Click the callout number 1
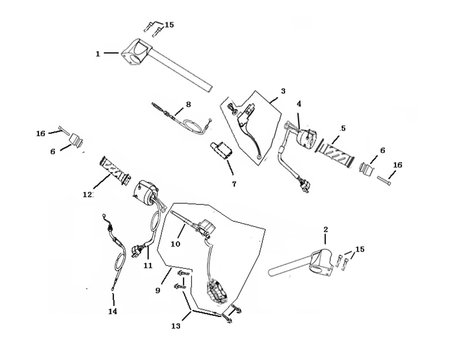point(98,54)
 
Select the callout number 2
point(326,230)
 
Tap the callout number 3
point(283,91)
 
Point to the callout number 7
point(234,184)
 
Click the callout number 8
point(188,104)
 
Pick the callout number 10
point(175,243)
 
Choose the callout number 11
point(148,265)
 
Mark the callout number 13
point(176,326)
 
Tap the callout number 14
point(113,311)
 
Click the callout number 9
point(158,290)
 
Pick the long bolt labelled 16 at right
point(385,179)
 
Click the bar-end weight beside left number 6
point(76,140)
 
